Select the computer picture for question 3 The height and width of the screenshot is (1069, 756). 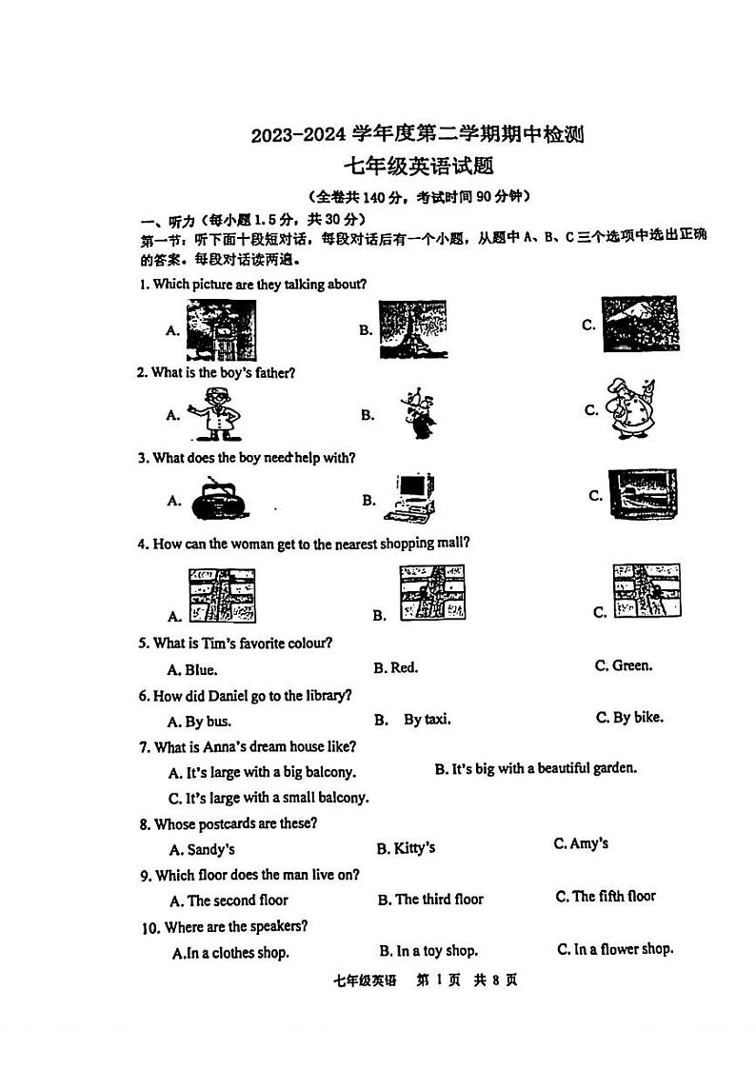tap(410, 497)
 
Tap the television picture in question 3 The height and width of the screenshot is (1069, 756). tap(643, 495)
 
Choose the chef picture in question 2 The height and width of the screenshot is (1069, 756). tap(630, 410)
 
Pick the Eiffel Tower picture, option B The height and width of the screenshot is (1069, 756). tap(413, 329)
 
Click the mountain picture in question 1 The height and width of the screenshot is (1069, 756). tap(640, 324)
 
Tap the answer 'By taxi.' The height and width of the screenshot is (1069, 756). tap(427, 720)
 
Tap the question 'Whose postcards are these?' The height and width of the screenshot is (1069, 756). tap(235, 823)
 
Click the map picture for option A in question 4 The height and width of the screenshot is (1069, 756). tap(221, 596)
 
